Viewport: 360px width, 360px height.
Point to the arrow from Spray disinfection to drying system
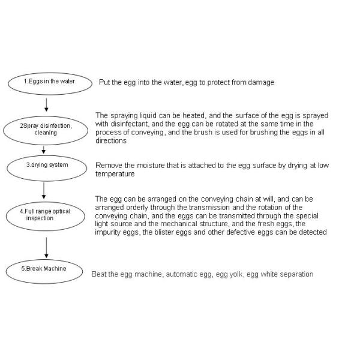click(43, 149)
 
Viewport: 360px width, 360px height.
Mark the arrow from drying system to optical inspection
click(44, 189)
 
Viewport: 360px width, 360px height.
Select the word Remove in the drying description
click(109, 165)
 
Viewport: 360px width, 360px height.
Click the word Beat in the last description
click(99, 274)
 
